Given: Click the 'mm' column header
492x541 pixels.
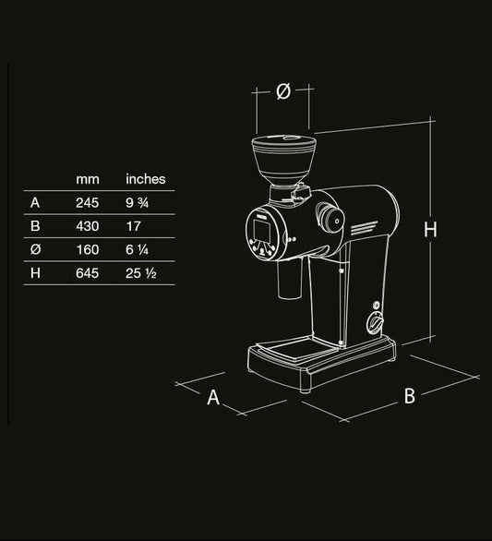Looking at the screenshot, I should click(88, 179).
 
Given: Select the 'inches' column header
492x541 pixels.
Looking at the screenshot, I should click(145, 179).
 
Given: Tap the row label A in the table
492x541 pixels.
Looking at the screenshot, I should click(35, 202).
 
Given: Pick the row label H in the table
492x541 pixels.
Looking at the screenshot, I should click(35, 273).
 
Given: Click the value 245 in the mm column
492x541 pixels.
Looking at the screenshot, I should click(88, 202).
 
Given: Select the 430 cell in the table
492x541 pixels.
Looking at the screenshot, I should click(88, 225).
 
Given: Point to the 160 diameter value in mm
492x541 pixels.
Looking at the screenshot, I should click(88, 250).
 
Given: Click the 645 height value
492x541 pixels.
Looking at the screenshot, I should click(88, 273).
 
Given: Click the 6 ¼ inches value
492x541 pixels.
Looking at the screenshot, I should click(139, 250).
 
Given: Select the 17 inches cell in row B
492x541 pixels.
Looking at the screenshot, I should click(133, 225).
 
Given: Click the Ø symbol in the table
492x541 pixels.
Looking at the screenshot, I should click(35, 250).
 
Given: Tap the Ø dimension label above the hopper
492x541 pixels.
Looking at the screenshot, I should click(283, 90).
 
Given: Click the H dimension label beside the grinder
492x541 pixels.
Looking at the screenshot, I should click(430, 230).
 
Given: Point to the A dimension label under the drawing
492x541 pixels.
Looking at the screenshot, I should click(213, 397).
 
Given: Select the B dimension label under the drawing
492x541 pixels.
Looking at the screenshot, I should click(410, 395).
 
